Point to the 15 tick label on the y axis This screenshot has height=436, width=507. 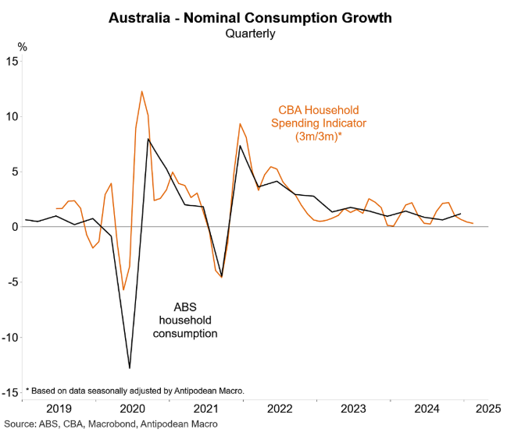pyautogui.click(x=12, y=62)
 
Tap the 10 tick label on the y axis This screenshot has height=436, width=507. pyautogui.click(x=12, y=116)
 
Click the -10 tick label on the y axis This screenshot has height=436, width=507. pyautogui.click(x=10, y=338)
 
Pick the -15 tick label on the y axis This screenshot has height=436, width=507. pyautogui.click(x=10, y=393)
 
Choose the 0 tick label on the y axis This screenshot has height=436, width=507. pyautogui.click(x=14, y=227)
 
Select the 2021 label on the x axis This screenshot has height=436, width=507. pyautogui.click(x=206, y=409)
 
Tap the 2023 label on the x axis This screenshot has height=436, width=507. pyautogui.click(x=354, y=409)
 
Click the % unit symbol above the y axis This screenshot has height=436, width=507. pyautogui.click(x=23, y=47)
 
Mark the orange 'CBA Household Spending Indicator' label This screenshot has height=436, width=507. pyautogui.click(x=318, y=123)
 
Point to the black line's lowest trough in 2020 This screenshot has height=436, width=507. pyautogui.click(x=130, y=367)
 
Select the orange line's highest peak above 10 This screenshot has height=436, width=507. pyautogui.click(x=141, y=92)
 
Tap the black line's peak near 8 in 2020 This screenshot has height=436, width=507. pyautogui.click(x=148, y=139)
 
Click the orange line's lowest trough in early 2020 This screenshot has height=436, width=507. pyautogui.click(x=123, y=290)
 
